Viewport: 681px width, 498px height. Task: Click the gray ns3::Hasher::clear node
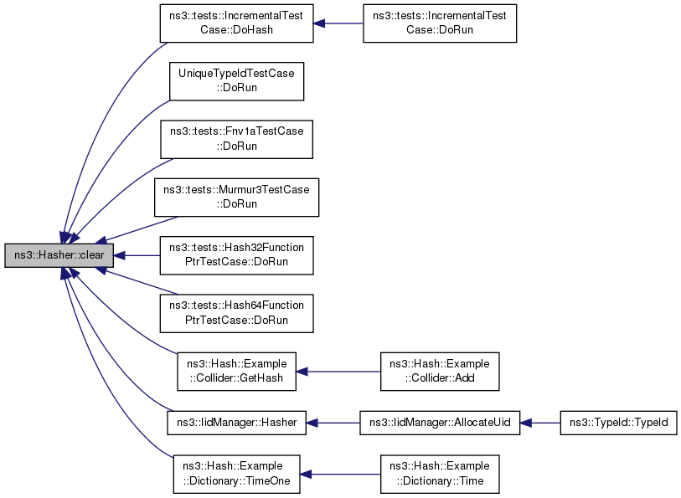point(58,255)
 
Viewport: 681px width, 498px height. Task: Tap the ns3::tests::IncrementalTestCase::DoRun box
point(439,23)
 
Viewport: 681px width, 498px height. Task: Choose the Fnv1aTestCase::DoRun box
point(237,139)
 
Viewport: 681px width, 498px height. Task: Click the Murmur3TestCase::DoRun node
point(236,198)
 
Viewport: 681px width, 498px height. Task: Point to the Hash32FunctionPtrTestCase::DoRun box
point(237,255)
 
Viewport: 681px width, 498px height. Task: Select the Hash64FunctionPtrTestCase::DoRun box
point(237,313)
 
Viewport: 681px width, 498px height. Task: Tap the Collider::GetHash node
point(236,372)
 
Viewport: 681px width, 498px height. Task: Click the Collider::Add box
point(440,372)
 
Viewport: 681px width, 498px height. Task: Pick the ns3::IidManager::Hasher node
point(236,423)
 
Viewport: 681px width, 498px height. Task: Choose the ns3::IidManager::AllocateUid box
point(440,423)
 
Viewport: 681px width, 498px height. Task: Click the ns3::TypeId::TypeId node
point(618,423)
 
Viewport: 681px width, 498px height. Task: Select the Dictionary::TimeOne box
point(236,474)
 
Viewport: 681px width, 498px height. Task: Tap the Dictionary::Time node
point(440,474)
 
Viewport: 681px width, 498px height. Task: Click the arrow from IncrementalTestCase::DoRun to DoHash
point(338,23)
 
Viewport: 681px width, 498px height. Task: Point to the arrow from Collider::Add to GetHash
point(338,372)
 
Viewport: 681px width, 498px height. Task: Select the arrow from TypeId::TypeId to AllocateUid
point(540,423)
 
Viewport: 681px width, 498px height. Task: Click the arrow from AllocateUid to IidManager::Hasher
point(333,423)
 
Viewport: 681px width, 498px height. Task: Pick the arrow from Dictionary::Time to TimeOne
point(338,474)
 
